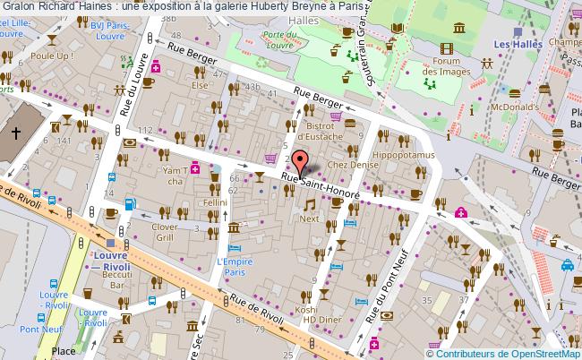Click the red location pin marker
coord(299,162)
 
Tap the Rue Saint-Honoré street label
coord(320,185)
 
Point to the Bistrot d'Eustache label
coord(314,132)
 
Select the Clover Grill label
coord(170,233)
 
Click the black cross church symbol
coord(16,133)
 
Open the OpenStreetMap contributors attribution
coord(501,352)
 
